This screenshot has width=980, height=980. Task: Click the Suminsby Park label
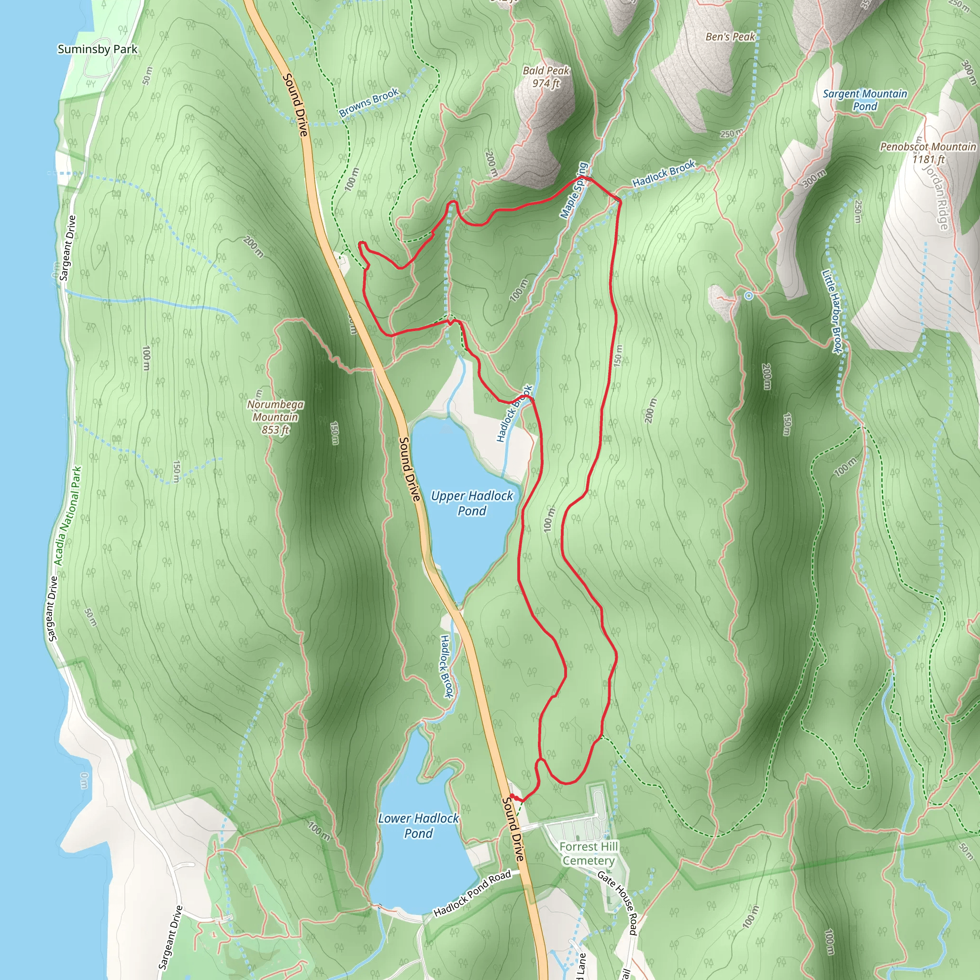pyautogui.click(x=98, y=49)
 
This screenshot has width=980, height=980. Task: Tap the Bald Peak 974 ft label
pyautogui.click(x=546, y=77)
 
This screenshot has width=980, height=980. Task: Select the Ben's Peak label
pyautogui.click(x=730, y=36)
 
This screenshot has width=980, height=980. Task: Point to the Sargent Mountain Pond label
pyautogui.click(x=864, y=100)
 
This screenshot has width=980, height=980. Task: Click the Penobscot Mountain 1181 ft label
pyautogui.click(x=928, y=153)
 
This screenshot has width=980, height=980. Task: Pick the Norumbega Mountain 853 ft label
pyautogui.click(x=276, y=417)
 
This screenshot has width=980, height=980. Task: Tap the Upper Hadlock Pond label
pyautogui.click(x=472, y=503)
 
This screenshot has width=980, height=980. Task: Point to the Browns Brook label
pyautogui.click(x=369, y=102)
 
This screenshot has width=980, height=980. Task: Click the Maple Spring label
pyautogui.click(x=574, y=190)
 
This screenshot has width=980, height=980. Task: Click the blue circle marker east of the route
pyautogui.click(x=749, y=295)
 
